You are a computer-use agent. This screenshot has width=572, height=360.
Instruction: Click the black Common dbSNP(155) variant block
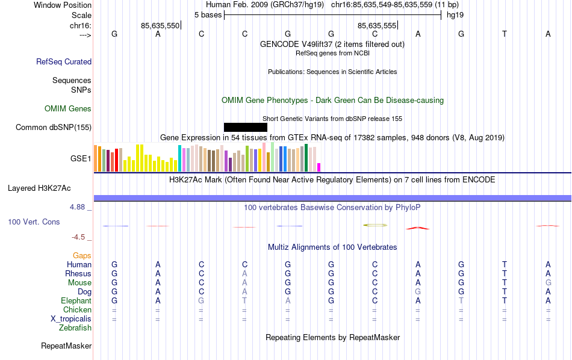(x=245, y=127)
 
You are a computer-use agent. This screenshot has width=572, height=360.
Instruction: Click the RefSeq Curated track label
(x=64, y=61)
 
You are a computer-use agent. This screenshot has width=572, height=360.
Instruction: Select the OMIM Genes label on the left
(x=68, y=109)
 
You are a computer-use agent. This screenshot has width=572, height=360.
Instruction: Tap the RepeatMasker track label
(x=66, y=346)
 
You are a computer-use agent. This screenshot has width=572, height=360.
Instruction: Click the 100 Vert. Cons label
(x=34, y=222)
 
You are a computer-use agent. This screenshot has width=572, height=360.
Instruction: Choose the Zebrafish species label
(x=75, y=328)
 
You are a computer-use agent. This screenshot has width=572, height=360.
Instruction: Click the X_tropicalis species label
(x=71, y=319)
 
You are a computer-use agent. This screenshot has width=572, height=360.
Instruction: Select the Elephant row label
(x=76, y=301)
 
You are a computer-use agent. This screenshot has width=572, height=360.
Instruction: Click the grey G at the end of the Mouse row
(x=548, y=283)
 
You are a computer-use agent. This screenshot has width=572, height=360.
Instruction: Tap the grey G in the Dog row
(x=418, y=292)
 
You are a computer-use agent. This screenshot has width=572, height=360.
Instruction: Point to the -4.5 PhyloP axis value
(x=79, y=237)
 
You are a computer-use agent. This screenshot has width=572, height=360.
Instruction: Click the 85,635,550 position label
(x=160, y=26)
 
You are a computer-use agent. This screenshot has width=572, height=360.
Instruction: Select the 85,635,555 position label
(x=377, y=26)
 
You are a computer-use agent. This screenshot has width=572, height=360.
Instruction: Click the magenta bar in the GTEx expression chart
(x=319, y=167)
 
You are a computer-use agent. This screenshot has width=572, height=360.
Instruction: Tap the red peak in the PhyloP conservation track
(x=418, y=228)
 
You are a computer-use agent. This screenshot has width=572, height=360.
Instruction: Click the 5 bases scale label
(x=208, y=14)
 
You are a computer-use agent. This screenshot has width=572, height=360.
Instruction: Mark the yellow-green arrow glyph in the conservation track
(x=375, y=225)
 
